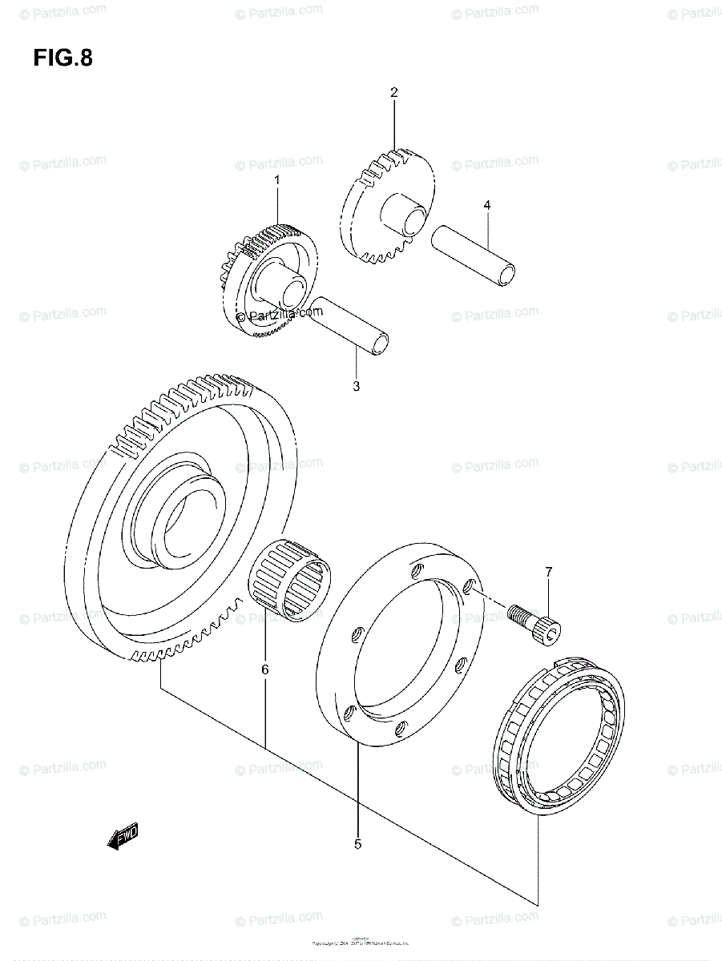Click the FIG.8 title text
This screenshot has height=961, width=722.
coord(63,58)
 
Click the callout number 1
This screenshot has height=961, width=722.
coord(277,181)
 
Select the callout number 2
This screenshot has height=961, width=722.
coord(393,93)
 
